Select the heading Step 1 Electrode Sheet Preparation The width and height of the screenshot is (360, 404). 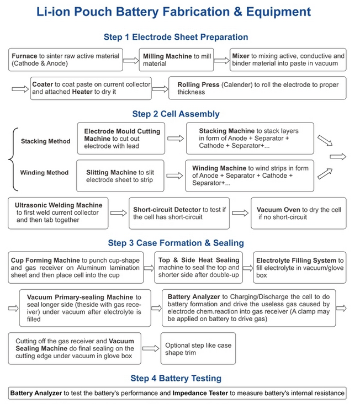coord(176,37)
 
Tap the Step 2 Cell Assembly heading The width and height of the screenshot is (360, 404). coord(176,114)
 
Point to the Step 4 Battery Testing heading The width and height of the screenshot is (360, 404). coord(176,379)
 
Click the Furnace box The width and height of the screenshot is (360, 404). coord(65,60)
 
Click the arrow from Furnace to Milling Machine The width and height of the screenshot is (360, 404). coord(130,60)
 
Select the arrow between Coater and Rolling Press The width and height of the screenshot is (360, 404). coord(160,88)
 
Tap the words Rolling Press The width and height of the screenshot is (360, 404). coord(197,85)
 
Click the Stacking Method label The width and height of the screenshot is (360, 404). coord(45,141)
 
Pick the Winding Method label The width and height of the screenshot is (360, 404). coord(44,173)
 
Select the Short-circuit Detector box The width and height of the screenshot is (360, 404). coord(179,213)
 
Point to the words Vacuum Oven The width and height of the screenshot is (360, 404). coord(278,210)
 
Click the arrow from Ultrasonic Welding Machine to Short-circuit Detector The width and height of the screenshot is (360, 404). coord(118,213)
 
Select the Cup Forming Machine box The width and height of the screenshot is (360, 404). coord(76,268)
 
